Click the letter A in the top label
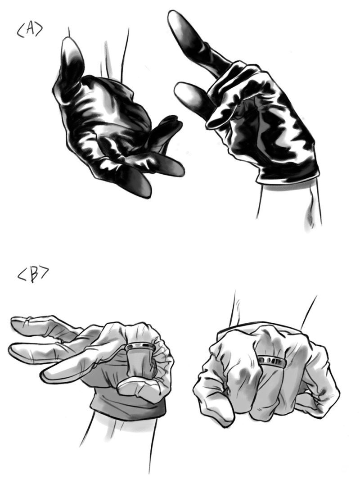point(29,29)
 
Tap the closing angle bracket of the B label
point(45,274)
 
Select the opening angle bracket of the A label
point(21,32)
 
